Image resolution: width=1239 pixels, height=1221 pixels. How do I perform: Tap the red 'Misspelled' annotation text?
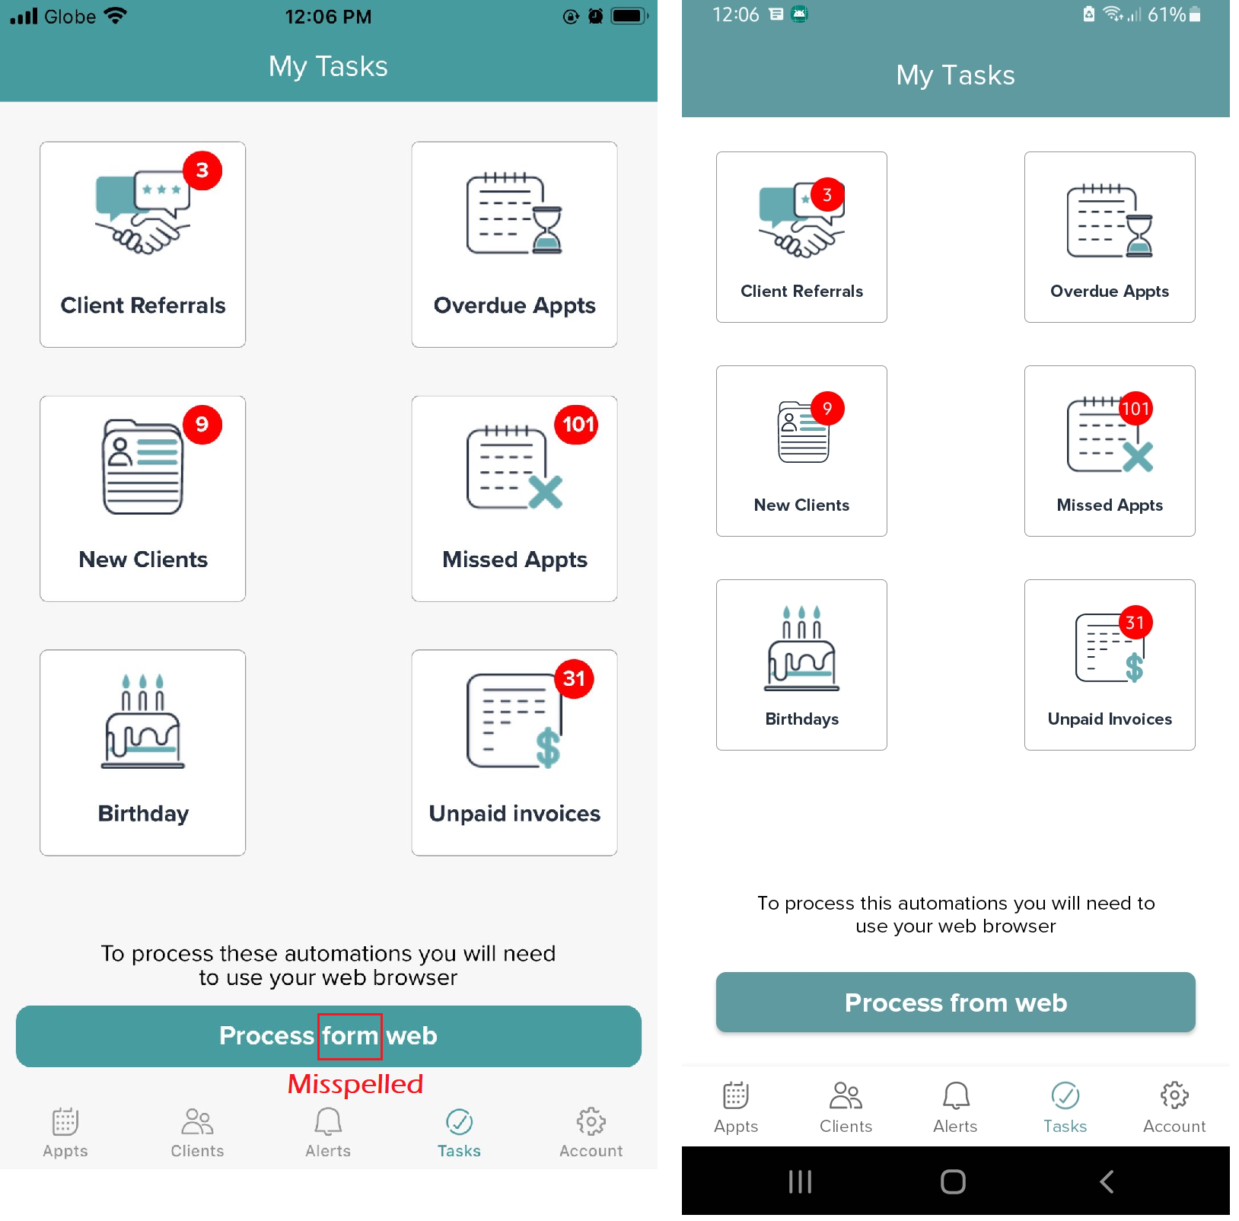(x=355, y=1084)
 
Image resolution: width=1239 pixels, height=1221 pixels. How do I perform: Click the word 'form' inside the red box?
(x=350, y=1036)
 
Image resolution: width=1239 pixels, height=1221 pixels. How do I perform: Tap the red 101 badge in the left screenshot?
(x=578, y=424)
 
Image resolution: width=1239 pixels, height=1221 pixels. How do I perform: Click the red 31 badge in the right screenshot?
(x=1135, y=623)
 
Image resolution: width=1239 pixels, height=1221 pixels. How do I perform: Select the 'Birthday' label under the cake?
(x=143, y=814)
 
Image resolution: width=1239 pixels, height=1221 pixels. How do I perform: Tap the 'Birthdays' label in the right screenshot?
(x=801, y=719)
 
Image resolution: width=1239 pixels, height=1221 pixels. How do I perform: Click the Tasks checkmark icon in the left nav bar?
(x=459, y=1121)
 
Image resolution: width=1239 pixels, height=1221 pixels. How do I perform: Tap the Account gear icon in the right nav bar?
(x=1174, y=1095)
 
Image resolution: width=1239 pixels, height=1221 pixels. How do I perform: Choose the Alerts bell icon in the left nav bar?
(x=328, y=1121)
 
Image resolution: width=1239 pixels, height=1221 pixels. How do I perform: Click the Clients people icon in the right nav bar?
(x=846, y=1095)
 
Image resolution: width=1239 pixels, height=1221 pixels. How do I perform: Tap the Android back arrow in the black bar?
(x=1107, y=1181)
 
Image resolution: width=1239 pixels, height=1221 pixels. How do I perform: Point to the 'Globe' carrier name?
(x=70, y=17)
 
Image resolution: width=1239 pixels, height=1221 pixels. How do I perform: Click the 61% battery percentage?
(x=1167, y=14)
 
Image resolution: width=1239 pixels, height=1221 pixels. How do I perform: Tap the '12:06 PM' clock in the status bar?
(x=328, y=17)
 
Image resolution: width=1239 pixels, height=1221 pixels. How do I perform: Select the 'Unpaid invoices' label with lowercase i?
(x=514, y=814)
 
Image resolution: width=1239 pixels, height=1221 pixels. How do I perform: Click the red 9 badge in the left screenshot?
(x=202, y=424)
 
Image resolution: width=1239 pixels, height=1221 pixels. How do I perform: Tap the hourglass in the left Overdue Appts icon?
(x=546, y=229)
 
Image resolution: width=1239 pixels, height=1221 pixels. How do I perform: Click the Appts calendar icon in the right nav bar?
(x=736, y=1095)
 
